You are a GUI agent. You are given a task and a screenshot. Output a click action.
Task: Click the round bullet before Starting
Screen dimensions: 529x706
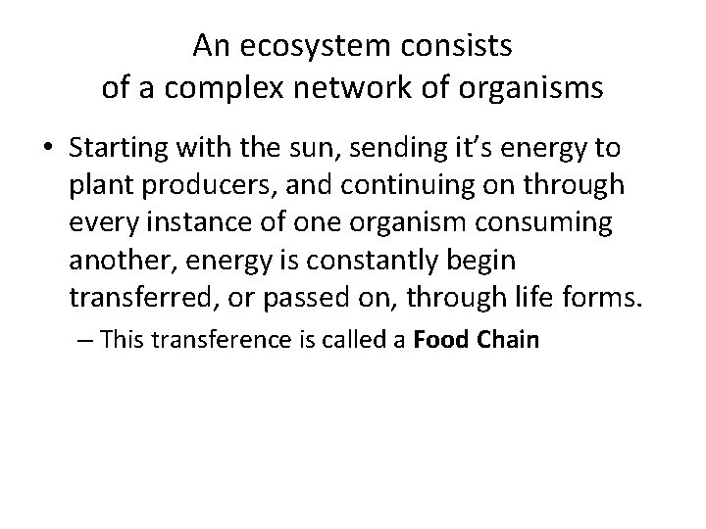(x=49, y=149)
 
